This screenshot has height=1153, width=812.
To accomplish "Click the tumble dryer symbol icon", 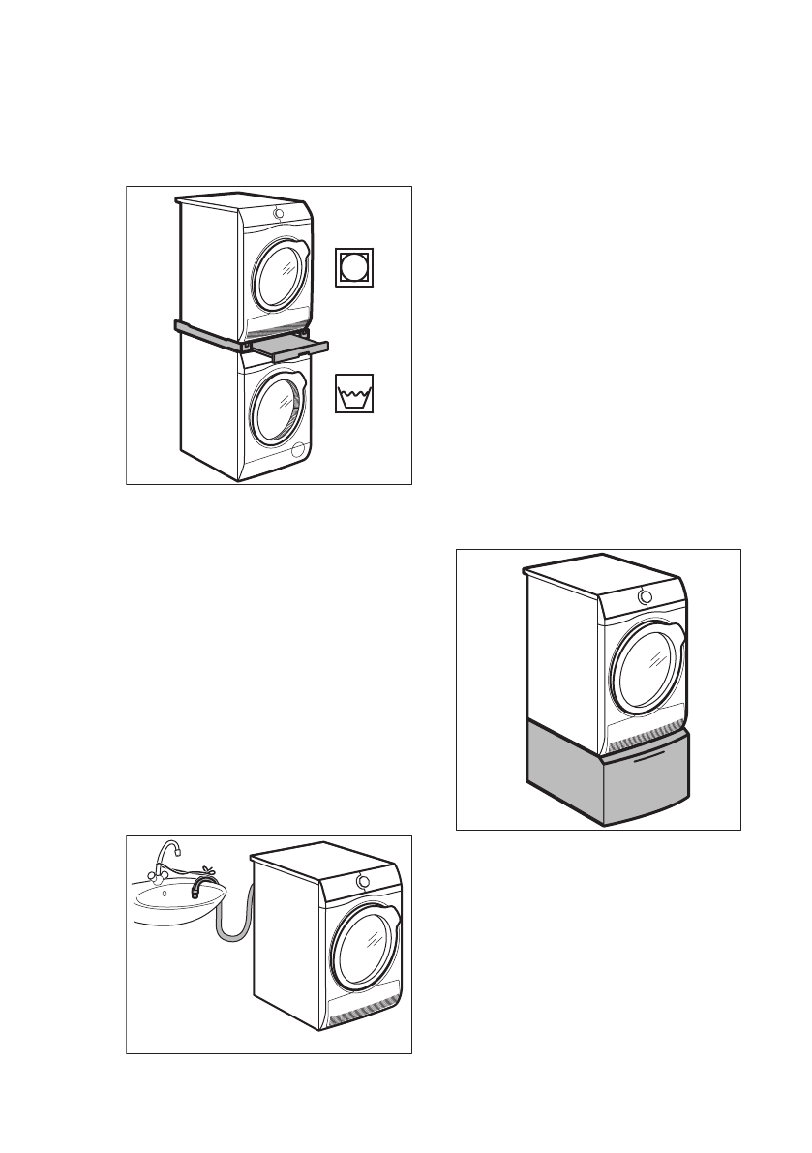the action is pyautogui.click(x=354, y=268).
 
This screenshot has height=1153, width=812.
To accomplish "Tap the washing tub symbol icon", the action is pyautogui.click(x=354, y=395).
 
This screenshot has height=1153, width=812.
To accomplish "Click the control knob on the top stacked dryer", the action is pyautogui.click(x=279, y=214).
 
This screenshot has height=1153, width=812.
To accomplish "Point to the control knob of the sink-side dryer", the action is pyautogui.click(x=363, y=881).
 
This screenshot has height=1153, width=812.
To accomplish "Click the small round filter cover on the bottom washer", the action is pyautogui.click(x=298, y=450).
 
